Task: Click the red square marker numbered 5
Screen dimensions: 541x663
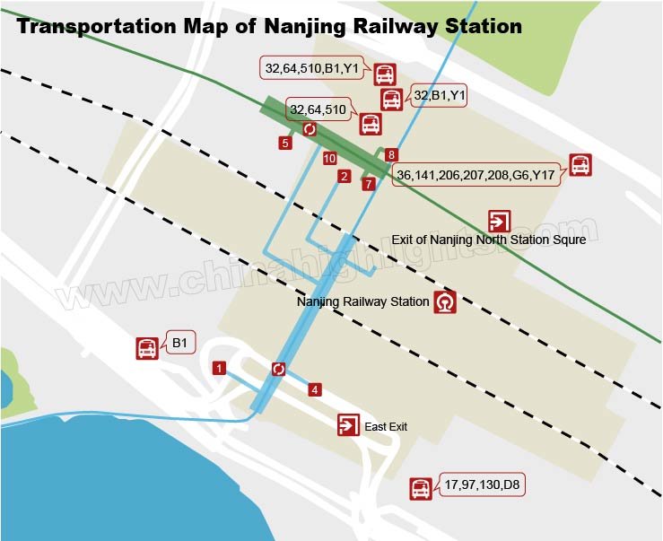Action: [x=285, y=142]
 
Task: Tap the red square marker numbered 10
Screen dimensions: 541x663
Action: [x=329, y=158]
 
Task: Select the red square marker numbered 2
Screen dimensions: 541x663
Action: [x=344, y=177]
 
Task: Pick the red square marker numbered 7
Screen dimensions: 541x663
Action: [x=368, y=184]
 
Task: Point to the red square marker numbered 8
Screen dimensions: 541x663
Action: [x=391, y=155]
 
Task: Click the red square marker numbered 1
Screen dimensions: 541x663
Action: [x=218, y=368]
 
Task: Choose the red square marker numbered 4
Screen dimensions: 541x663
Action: [x=314, y=389]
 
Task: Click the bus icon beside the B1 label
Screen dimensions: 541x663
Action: [x=147, y=349]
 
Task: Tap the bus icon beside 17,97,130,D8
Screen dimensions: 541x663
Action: [x=421, y=489]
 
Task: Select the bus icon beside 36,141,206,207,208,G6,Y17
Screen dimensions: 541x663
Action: [x=580, y=165]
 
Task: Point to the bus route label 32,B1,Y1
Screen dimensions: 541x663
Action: [x=439, y=93]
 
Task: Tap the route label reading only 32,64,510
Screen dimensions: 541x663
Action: [x=318, y=110]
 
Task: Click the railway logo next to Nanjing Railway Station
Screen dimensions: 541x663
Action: [x=445, y=302]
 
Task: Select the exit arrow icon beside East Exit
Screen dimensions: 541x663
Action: [x=348, y=425]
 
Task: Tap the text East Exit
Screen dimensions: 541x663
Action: [x=386, y=427]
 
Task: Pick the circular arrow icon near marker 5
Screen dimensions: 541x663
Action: [x=310, y=129]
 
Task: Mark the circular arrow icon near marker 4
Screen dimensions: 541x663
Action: [x=278, y=369]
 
